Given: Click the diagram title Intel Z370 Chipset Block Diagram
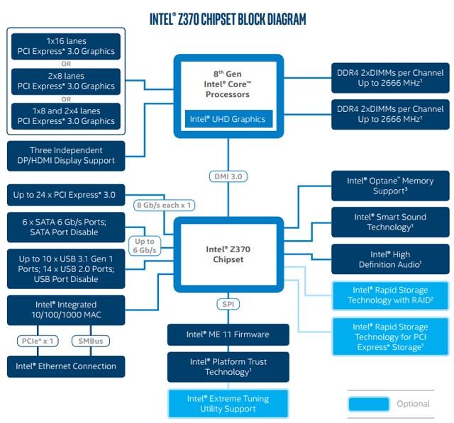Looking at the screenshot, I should pos(227,19).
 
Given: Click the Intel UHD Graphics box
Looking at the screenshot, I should pos(227,119).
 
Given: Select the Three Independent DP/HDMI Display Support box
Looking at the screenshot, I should pos(66,155).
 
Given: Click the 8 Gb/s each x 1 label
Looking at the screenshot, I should pos(164,205).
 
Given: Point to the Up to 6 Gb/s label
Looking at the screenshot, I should pos(145,246).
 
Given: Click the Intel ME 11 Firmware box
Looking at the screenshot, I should pos(228,334).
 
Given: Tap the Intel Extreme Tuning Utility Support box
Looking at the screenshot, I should pos(228,404).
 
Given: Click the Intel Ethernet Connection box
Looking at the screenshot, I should pos(66,366).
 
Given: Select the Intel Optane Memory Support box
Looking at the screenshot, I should pos(389,186).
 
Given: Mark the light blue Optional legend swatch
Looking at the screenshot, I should pos(368,404).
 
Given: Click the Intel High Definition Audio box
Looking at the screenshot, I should pos(389,259).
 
